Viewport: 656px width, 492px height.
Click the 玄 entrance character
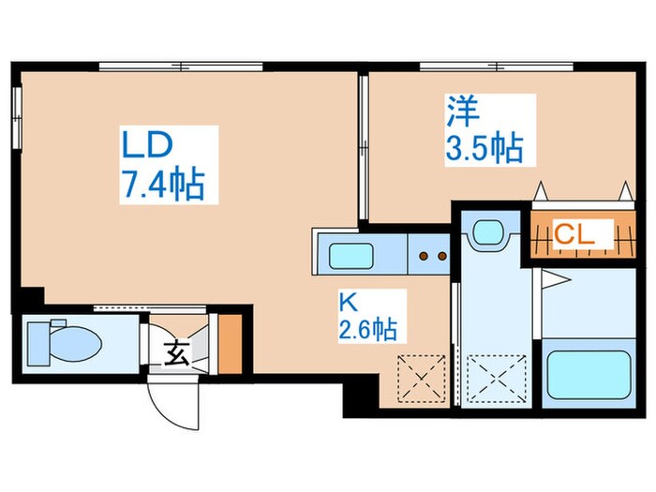tap(176, 354)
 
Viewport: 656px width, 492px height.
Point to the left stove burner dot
tap(424, 254)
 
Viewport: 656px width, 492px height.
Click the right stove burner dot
tap(439, 254)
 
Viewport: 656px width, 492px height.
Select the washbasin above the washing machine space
tap(487, 232)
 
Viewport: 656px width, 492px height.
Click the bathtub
tap(588, 379)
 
